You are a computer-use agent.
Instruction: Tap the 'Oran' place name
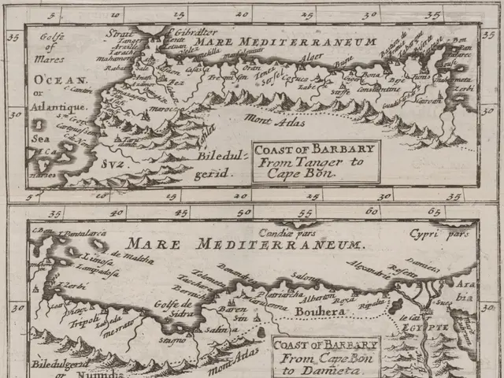pyautogui.click(x=251, y=68)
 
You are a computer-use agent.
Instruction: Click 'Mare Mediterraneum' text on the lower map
pyautogui.click(x=244, y=245)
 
